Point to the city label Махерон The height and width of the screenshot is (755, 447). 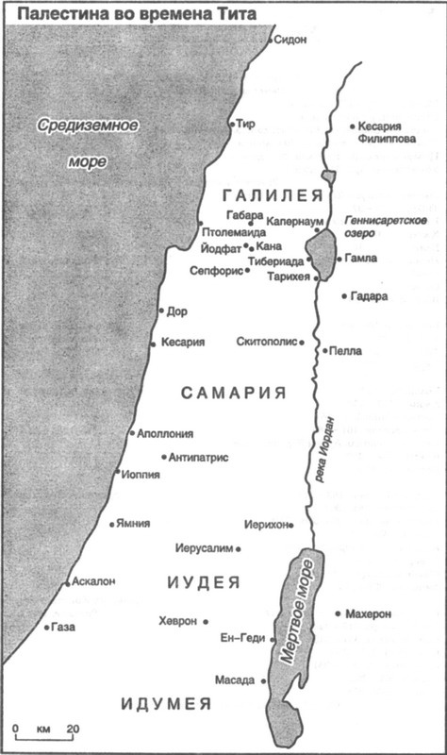point(368,613)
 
